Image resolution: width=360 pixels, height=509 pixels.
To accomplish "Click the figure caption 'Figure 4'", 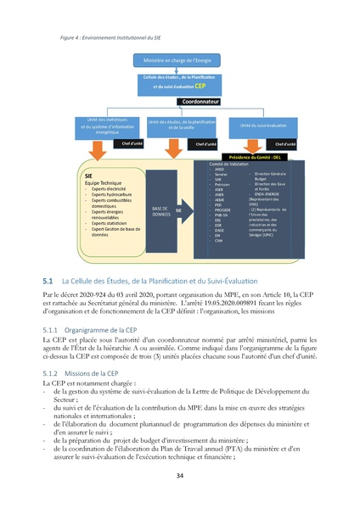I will [x=74, y=38].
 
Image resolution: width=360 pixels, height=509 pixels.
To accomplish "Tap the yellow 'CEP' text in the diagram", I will [x=200, y=87].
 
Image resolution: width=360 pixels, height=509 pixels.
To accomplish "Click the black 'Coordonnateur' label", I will [x=201, y=102].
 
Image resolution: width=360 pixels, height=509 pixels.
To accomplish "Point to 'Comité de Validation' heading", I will [x=228, y=164].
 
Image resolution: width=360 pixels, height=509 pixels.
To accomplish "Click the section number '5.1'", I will [x=48, y=279].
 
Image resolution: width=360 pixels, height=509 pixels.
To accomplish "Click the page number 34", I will [x=180, y=476].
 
